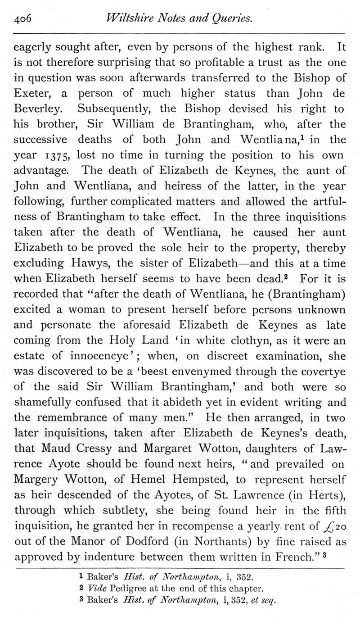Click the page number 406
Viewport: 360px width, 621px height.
coord(22,19)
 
